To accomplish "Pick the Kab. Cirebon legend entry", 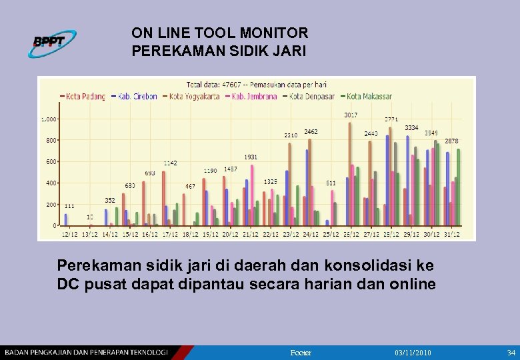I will click(x=137, y=97).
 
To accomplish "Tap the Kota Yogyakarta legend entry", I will click(x=193, y=97).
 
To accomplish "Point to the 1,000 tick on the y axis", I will click(x=49, y=119).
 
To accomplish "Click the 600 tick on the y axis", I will click(x=51, y=162).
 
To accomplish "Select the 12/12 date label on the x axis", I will click(x=69, y=235).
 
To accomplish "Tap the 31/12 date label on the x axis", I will click(x=452, y=235).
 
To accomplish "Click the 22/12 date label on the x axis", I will click(x=271, y=235).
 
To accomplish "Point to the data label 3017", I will click(x=351, y=115).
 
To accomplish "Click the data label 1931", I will click(x=251, y=157).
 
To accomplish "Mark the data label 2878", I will click(x=451, y=141).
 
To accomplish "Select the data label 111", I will click(x=69, y=206).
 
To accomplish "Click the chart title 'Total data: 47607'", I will click(x=214, y=85).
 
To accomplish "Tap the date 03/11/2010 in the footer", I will click(x=413, y=352).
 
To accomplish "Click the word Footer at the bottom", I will click(x=301, y=352).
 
